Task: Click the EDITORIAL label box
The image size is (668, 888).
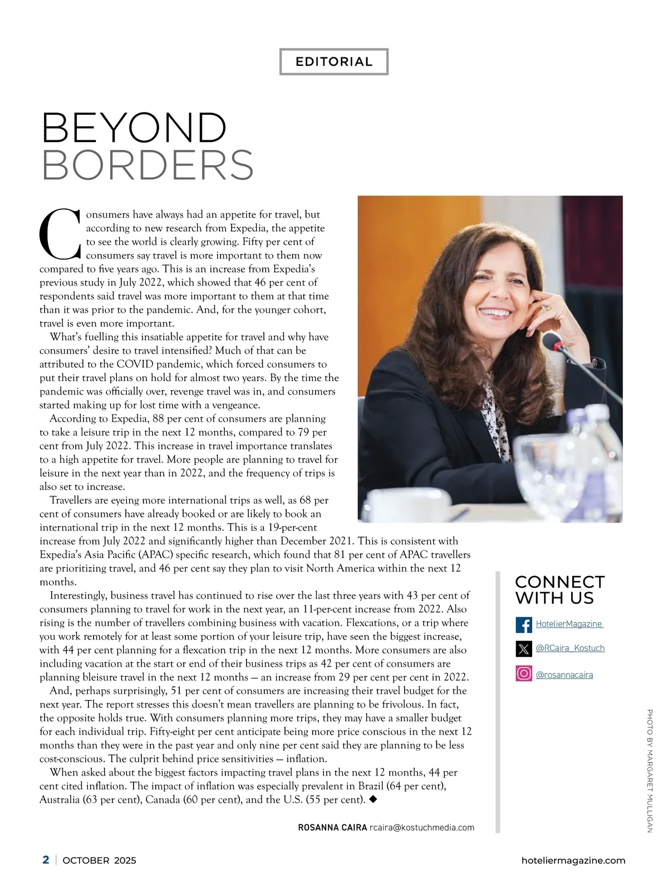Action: tap(333, 62)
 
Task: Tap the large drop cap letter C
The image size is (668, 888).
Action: tap(61, 235)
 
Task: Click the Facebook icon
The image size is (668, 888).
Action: tap(524, 624)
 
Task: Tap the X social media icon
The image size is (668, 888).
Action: tap(524, 649)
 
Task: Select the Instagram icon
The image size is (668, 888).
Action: tap(524, 674)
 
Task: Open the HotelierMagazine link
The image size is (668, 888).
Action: tap(569, 624)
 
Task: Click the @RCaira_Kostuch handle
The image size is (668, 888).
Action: tap(569, 648)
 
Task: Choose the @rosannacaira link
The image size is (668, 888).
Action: tap(564, 675)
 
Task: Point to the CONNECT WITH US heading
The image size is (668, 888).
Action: tap(559, 590)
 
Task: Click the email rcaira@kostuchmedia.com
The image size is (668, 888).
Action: tap(421, 827)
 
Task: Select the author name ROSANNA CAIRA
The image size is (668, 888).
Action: tap(332, 827)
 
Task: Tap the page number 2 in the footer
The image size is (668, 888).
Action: tap(46, 860)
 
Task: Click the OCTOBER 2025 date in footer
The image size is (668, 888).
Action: tap(99, 860)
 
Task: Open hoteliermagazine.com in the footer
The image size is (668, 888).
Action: tap(573, 860)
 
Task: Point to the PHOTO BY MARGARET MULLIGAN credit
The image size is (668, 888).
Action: tap(649, 770)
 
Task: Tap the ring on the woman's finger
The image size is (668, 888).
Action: tap(547, 307)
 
